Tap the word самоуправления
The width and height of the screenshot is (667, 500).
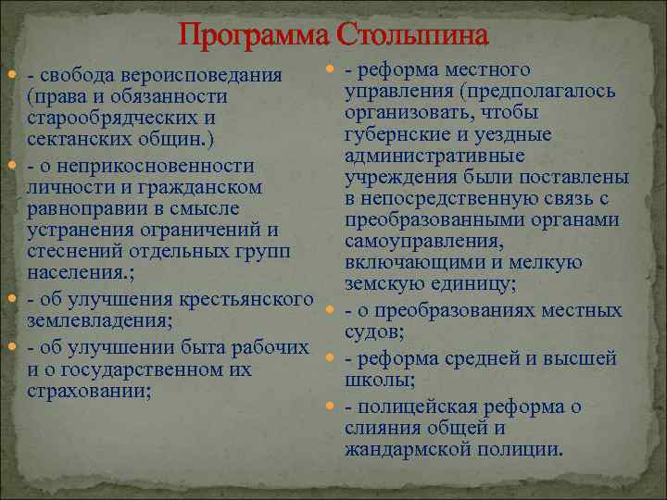(423, 241)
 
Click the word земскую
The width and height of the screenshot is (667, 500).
(384, 282)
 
